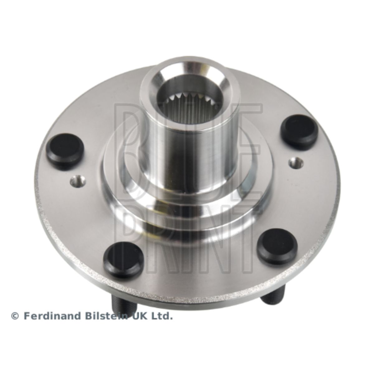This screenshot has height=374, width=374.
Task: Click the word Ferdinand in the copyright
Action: point(52,338)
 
